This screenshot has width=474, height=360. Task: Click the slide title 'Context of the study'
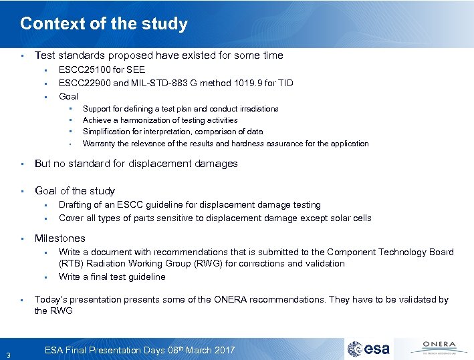coord(104,24)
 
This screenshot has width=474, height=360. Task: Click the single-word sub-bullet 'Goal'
coord(68,96)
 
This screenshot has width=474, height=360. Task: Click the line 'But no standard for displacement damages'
coord(136,164)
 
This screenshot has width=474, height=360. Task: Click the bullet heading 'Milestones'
coord(60,238)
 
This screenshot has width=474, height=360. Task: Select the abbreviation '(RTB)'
coord(70,264)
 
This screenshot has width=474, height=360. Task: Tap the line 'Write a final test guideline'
coord(112,277)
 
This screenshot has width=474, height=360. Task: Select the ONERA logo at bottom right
coord(435,348)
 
